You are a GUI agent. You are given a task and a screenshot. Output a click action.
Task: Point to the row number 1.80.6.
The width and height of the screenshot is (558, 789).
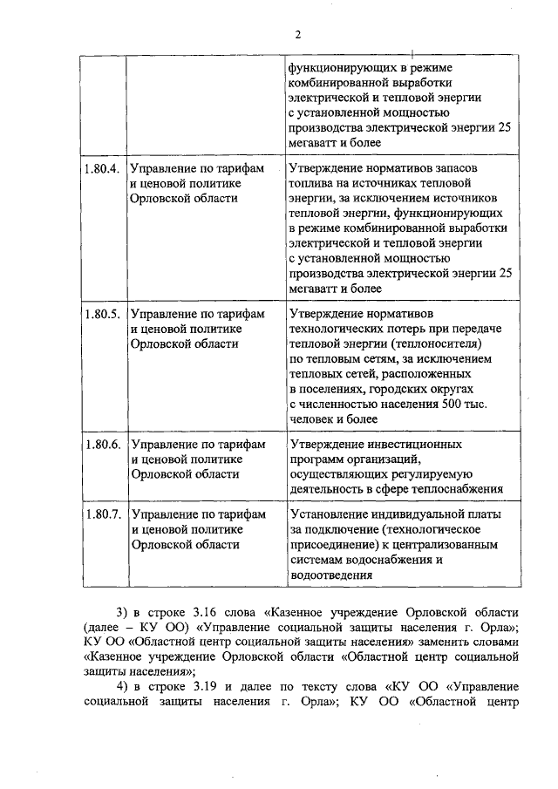[101, 444]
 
